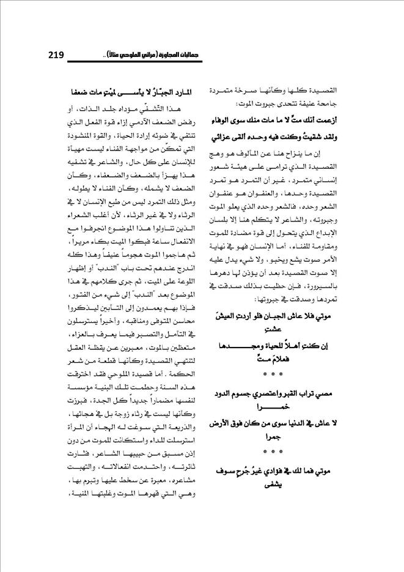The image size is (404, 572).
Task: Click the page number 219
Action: (x=56, y=56)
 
